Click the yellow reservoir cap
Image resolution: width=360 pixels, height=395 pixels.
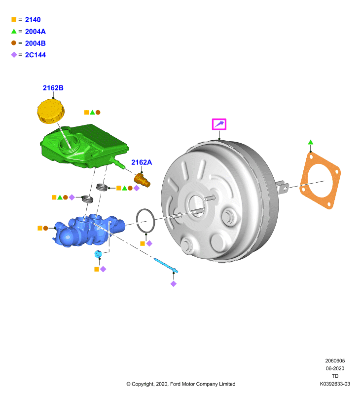tap(51, 111)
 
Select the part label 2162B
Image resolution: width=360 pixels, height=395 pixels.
tap(53, 88)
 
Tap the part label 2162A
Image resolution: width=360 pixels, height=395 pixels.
tap(142, 162)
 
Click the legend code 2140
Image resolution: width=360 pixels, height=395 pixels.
tap(33, 20)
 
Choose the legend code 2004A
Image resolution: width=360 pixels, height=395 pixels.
tap(36, 32)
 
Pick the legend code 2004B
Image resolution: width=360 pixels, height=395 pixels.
tap(36, 43)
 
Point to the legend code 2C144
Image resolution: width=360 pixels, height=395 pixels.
tap(36, 55)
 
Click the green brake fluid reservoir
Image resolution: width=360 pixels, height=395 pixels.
tap(84, 146)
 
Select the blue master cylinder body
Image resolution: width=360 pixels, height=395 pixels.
tap(89, 231)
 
